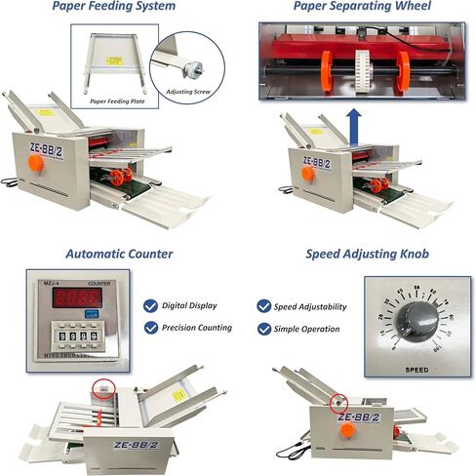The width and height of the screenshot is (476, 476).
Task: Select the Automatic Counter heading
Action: coord(120,254)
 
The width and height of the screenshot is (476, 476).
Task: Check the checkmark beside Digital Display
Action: coord(149,305)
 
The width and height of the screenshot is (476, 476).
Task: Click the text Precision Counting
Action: coord(198,328)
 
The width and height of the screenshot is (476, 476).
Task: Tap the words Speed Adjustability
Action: coord(309,306)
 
